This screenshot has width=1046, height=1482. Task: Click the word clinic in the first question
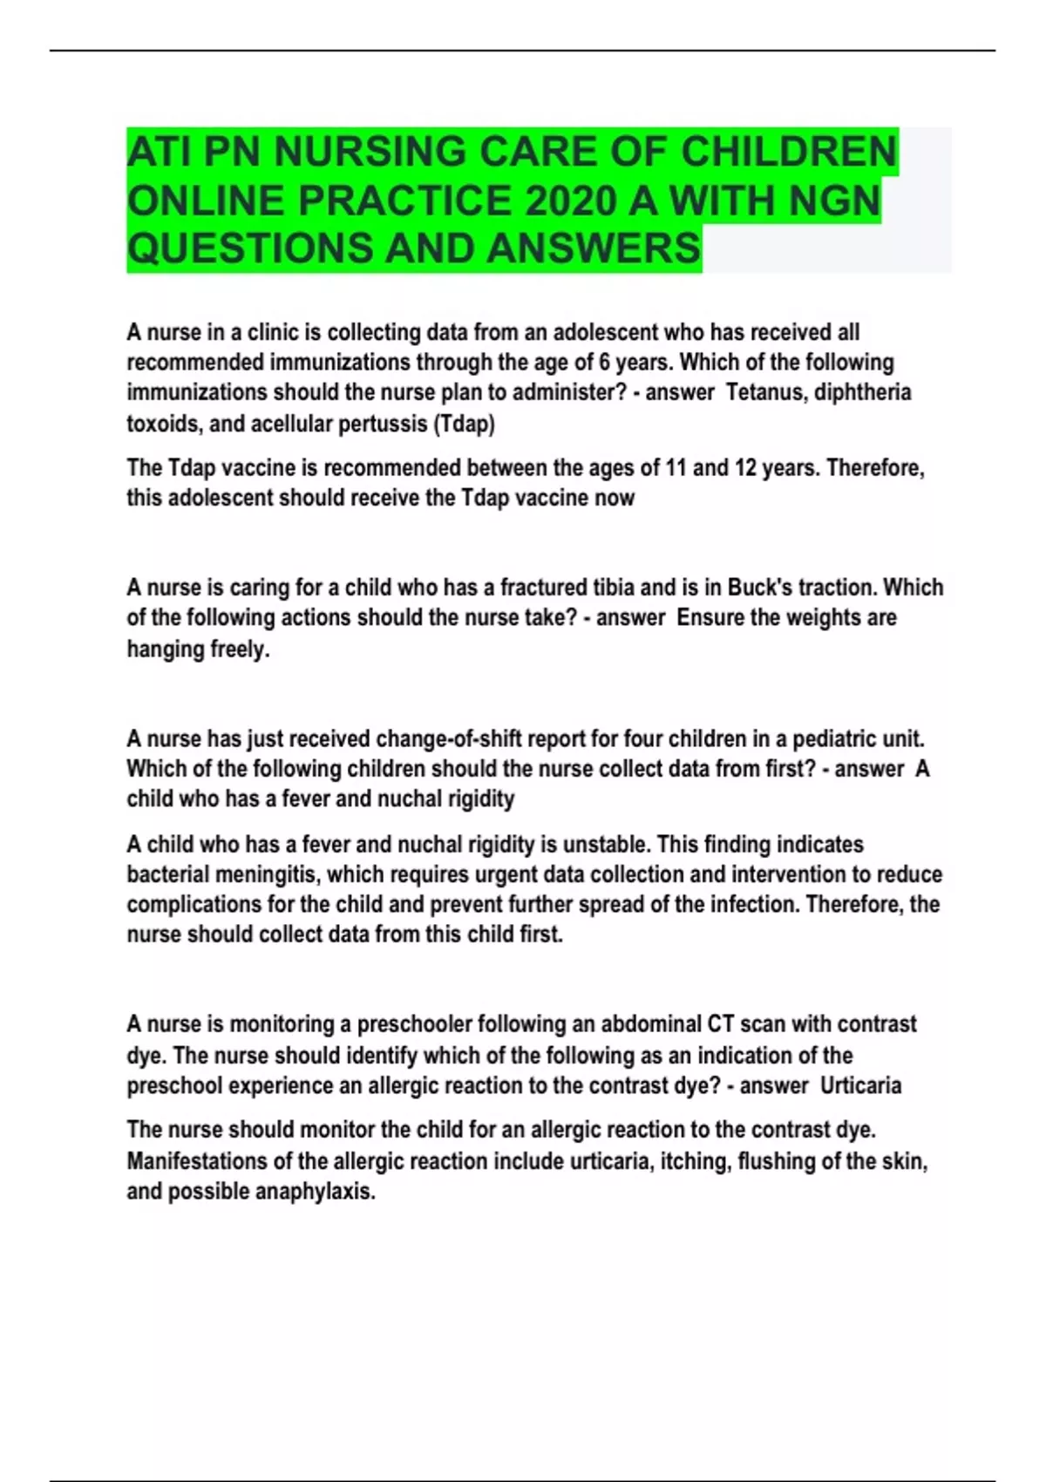tap(274, 333)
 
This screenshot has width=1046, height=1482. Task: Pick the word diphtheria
tap(862, 392)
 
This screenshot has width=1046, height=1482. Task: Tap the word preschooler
tap(414, 1024)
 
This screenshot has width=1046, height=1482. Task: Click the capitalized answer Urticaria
tap(860, 1086)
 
